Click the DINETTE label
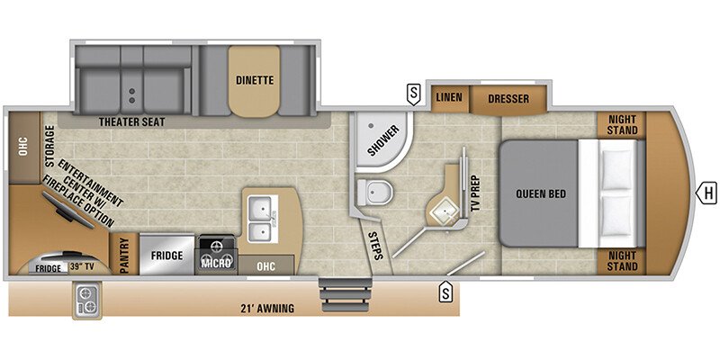pyautogui.click(x=255, y=80)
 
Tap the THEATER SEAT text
pyautogui.click(x=131, y=122)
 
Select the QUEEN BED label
pyautogui.click(x=541, y=193)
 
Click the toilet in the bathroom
pyautogui.click(x=374, y=192)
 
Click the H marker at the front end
pyautogui.click(x=707, y=193)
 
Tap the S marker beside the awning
pyautogui.click(x=445, y=292)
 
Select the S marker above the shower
pyautogui.click(x=414, y=94)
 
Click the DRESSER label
pyautogui.click(x=508, y=99)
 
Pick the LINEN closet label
pyautogui.click(x=449, y=97)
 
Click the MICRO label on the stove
pyautogui.click(x=215, y=264)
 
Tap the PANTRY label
pyautogui.click(x=124, y=255)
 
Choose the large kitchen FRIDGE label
pyautogui.click(x=167, y=256)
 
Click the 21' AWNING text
pyautogui.click(x=267, y=308)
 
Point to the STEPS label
pyautogui.click(x=375, y=246)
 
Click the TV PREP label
pyautogui.click(x=475, y=193)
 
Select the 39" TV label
pyautogui.click(x=83, y=267)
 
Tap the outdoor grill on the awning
pyautogui.click(x=87, y=300)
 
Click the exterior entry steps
pyautogui.click(x=346, y=295)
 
